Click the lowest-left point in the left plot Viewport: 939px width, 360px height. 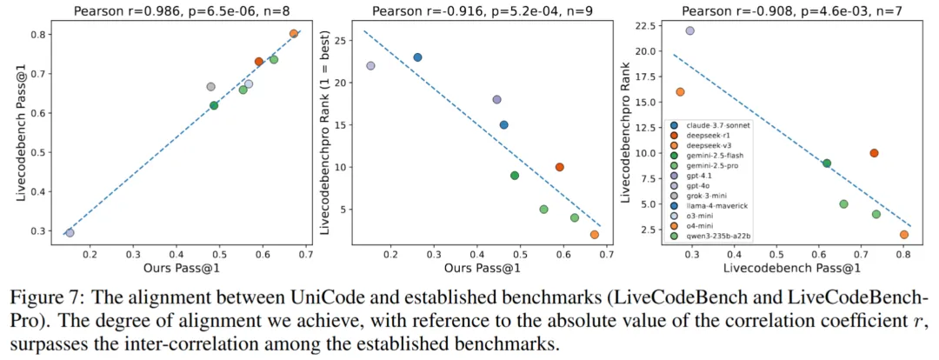[x=70, y=233]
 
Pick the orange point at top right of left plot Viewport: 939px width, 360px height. [x=294, y=34]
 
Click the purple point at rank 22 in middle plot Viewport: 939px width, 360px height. [x=370, y=65]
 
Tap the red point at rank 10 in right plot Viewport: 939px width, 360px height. [x=874, y=153]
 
